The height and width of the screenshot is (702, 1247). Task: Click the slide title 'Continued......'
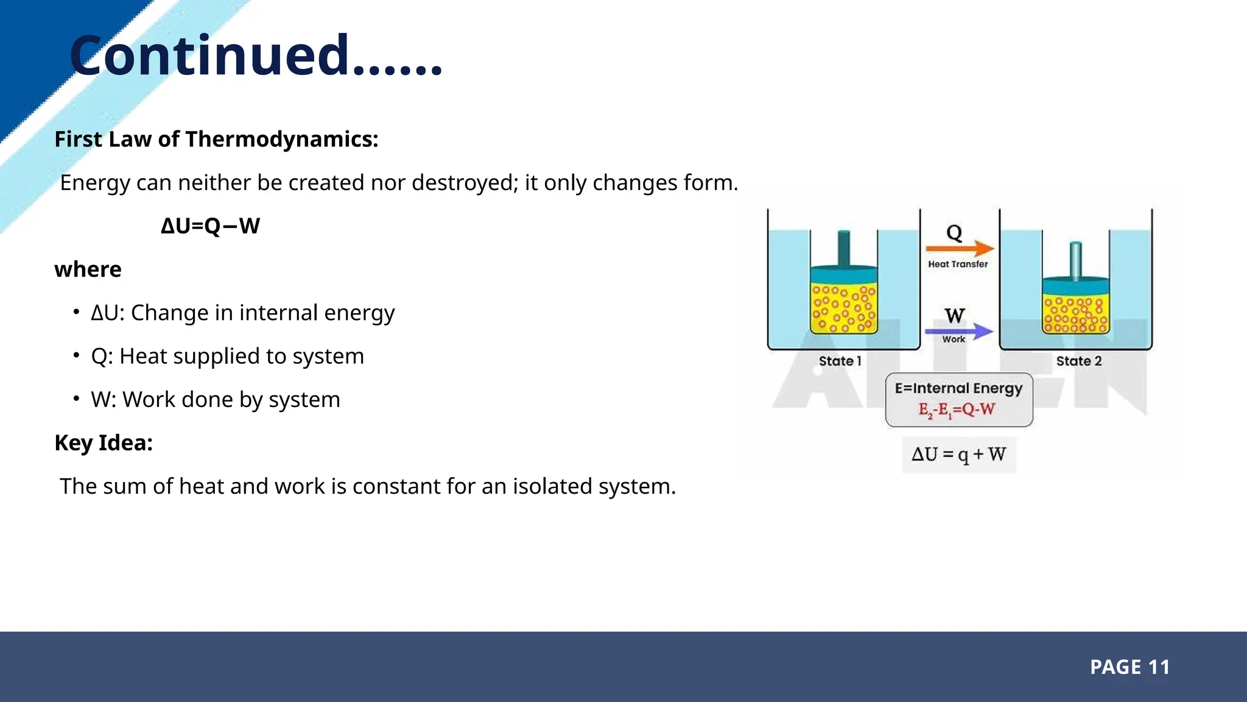coord(256,56)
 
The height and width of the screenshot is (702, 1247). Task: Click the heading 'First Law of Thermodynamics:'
coord(216,140)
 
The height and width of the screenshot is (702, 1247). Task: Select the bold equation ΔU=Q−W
coord(210,226)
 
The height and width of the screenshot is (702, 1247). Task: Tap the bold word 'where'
coord(88,269)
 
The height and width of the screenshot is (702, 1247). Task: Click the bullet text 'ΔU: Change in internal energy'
coord(242,313)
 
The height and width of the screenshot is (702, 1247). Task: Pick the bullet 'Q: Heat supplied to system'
coord(227,356)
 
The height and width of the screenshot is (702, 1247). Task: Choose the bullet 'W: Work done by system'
coord(215,400)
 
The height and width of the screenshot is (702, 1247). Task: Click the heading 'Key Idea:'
coord(104,443)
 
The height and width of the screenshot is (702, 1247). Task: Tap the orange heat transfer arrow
coord(959,249)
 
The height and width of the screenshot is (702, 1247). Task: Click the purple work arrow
coord(958,331)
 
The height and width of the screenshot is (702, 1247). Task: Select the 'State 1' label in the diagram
coord(840,361)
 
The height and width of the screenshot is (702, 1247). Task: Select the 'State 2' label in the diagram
coord(1078,361)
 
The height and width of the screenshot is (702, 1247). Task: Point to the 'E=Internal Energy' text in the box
coord(958,388)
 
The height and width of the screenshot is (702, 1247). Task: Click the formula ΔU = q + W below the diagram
coord(958,455)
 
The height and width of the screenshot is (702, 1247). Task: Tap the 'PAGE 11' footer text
coord(1129,667)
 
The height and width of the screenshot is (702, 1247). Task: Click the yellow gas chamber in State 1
coord(843,308)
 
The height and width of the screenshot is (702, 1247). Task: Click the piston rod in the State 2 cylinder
coord(1075,260)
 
